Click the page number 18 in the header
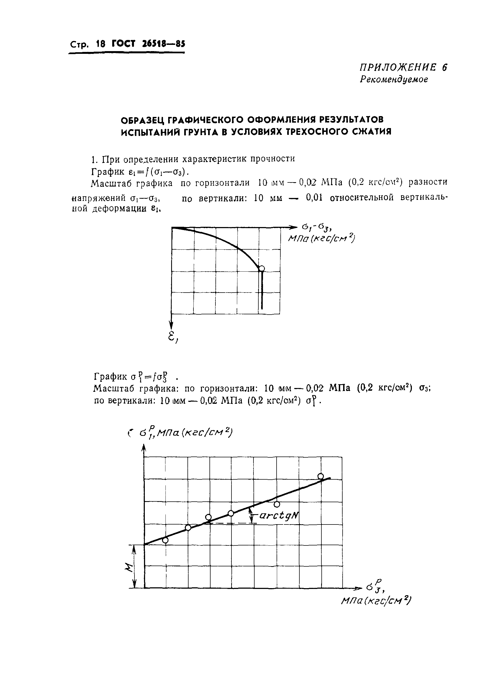click(x=101, y=44)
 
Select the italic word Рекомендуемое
click(x=394, y=80)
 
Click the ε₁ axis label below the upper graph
click(x=173, y=336)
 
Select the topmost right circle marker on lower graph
click(x=321, y=476)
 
